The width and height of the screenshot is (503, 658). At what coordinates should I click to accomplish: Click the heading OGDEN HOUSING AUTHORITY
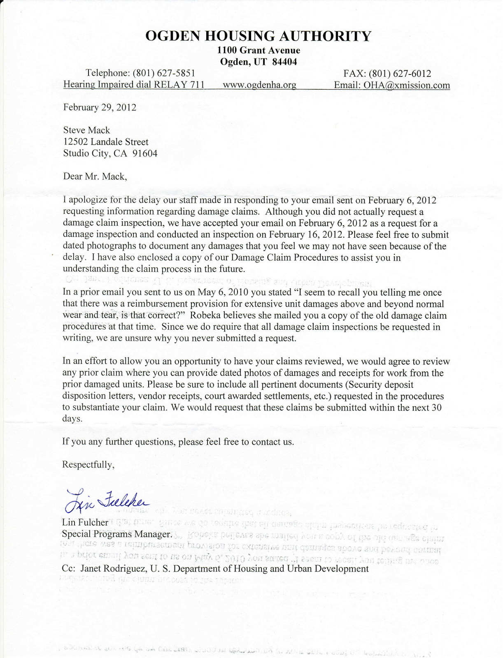258,36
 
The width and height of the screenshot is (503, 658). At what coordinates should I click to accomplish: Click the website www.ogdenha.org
259,85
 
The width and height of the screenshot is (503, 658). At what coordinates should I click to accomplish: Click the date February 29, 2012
99,107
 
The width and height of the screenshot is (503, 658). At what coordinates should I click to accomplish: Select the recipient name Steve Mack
86,130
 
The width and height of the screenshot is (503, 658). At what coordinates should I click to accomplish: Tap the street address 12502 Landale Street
105,142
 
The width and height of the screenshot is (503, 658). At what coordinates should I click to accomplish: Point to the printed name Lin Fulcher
85,522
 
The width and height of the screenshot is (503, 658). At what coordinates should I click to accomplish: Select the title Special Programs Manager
116,534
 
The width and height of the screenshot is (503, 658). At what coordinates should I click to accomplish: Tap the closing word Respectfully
88,465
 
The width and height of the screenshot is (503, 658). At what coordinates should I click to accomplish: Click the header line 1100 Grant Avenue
258,50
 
